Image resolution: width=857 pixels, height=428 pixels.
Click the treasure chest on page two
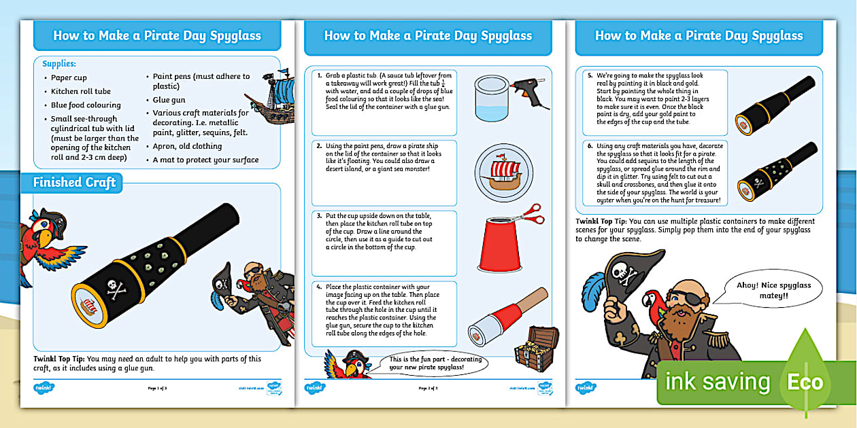pos(535,348)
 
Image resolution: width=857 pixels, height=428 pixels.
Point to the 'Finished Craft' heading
pos(75,182)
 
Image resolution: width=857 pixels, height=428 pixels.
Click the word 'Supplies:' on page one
pos(59,64)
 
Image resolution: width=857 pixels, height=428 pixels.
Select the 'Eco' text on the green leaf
pos(805,382)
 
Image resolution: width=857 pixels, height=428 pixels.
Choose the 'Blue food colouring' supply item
pos(86,105)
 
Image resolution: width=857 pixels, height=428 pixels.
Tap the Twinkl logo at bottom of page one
pos(44,388)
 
